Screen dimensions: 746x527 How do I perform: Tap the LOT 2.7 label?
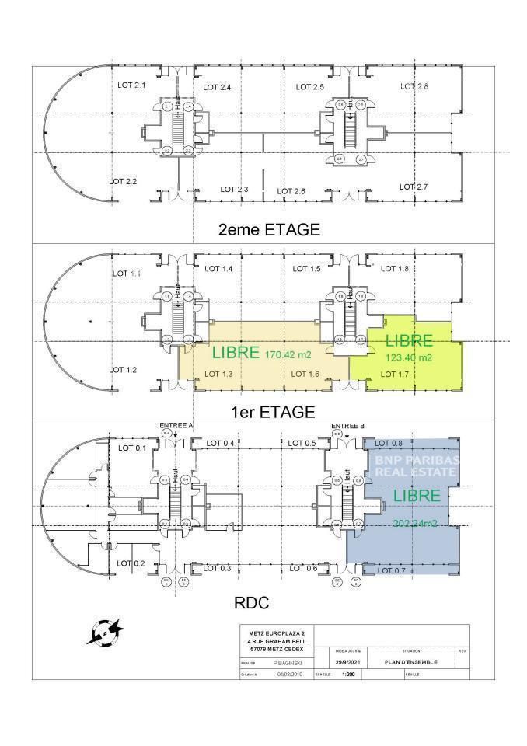pos(414,186)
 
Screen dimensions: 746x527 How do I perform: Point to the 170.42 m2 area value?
pos(288,354)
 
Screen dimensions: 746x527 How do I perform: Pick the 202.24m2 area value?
pos(415,523)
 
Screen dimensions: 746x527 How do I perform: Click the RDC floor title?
pos(252,601)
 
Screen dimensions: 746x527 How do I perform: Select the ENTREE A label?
pos(176,426)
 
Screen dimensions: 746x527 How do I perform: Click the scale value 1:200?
pos(347,675)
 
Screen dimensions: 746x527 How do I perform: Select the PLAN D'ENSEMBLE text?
pos(411,662)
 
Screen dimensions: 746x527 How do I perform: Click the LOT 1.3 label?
pos(218,375)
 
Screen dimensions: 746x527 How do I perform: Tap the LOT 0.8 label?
pos(388,443)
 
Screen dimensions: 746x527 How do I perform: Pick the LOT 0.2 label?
pos(130,563)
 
